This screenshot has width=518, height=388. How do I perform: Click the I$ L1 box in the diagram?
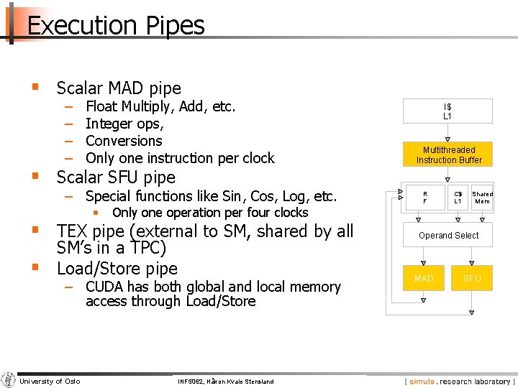coord(447,111)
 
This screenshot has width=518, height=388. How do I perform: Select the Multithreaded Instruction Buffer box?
coord(448,154)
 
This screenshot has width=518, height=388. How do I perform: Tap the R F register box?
coord(424,198)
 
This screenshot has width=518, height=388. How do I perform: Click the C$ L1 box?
coord(458,198)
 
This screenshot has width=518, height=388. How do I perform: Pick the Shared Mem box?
coord(482,198)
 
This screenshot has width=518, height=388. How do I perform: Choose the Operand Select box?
coord(448,236)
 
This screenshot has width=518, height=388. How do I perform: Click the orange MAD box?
coord(424,278)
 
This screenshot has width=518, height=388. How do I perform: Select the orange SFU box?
coord(472,278)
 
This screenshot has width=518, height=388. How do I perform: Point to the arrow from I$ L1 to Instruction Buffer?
coord(447,137)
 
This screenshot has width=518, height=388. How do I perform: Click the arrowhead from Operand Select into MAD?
coord(424,262)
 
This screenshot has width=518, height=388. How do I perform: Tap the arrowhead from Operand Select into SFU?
coord(472,262)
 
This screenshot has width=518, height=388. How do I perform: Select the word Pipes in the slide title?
coord(176,27)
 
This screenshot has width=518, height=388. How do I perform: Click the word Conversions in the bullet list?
coord(124,141)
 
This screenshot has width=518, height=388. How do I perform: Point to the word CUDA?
coord(105,287)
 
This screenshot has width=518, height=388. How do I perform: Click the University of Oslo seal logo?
coord(9,380)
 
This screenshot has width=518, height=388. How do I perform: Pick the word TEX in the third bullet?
coord(74,231)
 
